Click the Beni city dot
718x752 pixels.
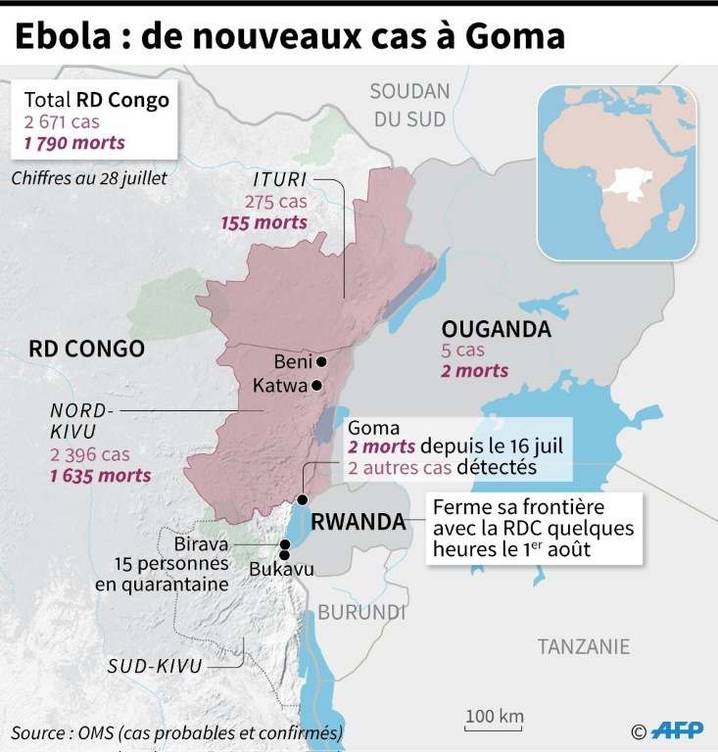point(321,361)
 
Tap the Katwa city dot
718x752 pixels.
point(316,386)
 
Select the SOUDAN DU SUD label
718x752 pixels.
point(408,105)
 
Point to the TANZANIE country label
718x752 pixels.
point(584,646)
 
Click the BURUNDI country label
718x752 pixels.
point(360,612)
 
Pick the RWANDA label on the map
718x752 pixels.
point(358,522)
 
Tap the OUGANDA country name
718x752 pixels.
point(496,329)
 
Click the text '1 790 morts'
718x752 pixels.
point(74,143)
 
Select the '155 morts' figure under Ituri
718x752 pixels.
point(265,222)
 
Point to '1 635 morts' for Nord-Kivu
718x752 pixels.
point(101,475)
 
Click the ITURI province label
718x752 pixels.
point(280,179)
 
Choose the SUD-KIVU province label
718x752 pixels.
point(155,667)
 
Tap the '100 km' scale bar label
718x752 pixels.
point(494,716)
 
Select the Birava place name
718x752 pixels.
point(202,543)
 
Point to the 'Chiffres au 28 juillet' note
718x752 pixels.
point(89,178)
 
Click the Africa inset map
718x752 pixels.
point(616,171)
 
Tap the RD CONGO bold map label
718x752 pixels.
point(86,349)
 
